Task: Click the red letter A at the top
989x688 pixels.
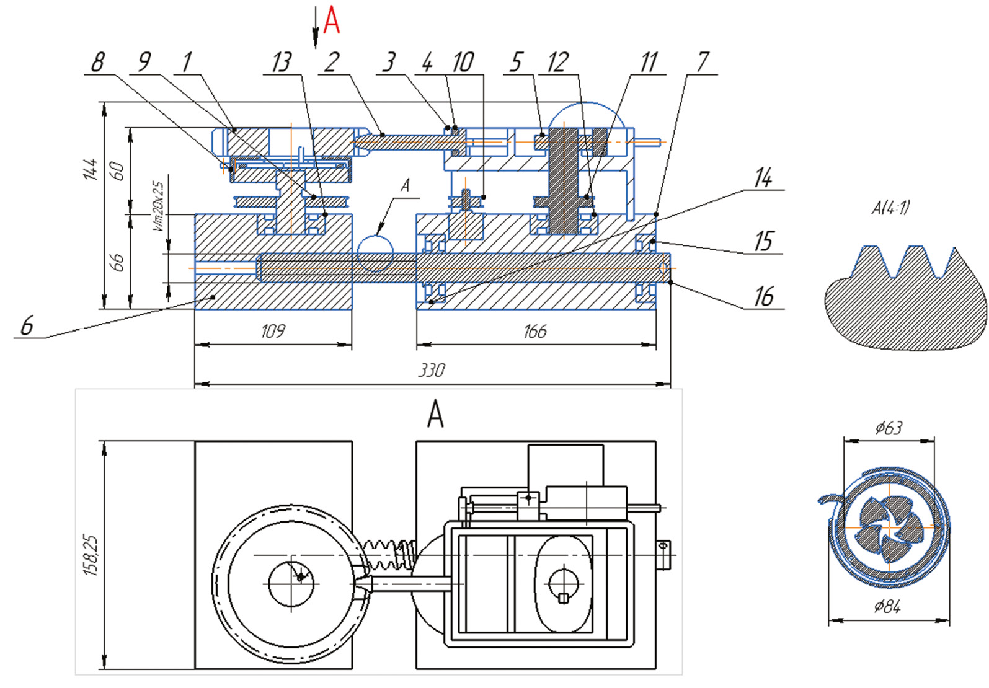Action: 332,21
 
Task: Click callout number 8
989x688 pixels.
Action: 98,62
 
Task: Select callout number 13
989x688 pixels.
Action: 282,62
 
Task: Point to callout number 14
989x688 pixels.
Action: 763,179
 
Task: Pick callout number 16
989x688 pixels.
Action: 764,297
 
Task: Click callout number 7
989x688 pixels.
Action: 703,62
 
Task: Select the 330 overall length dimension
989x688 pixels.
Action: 432,371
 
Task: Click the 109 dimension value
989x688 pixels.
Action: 273,331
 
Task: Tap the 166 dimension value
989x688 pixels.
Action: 534,331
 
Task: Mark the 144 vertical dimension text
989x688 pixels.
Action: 91,169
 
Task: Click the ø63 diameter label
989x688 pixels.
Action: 889,428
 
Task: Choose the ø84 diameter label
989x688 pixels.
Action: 887,606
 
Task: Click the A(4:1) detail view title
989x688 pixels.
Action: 890,208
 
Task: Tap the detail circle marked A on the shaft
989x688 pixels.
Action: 375,253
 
